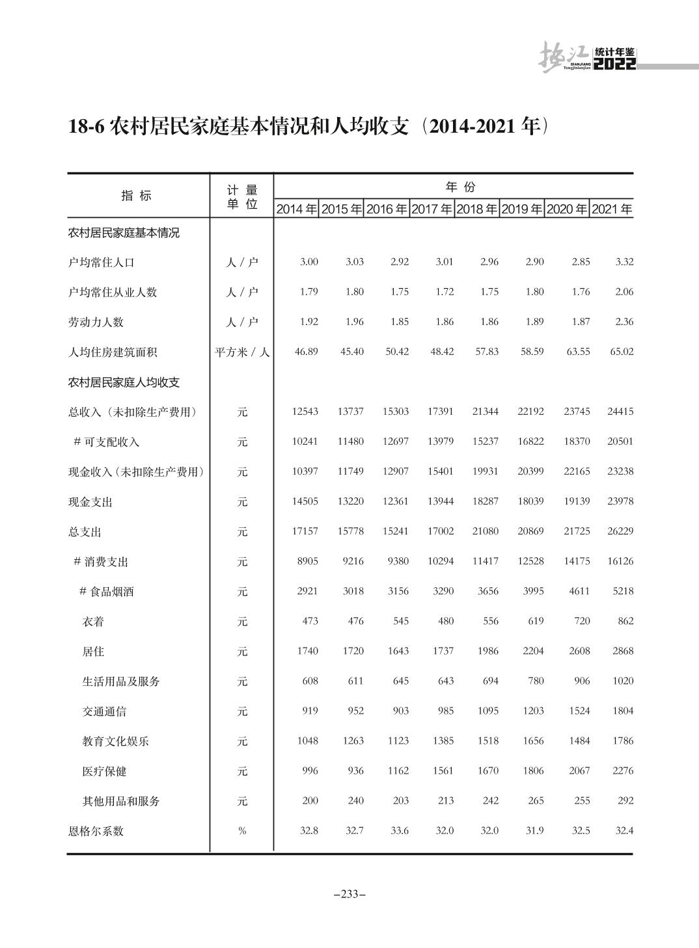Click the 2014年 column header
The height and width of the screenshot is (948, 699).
click(297, 209)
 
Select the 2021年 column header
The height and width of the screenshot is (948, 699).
click(612, 209)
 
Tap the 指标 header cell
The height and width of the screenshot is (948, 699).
click(137, 196)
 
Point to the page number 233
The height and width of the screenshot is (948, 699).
click(349, 894)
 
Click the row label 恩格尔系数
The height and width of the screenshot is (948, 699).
click(96, 831)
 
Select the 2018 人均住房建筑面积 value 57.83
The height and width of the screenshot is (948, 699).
click(487, 352)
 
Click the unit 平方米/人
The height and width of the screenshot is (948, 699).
click(242, 352)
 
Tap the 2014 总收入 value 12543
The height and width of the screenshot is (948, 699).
click(305, 412)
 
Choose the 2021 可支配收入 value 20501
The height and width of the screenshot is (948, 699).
click(620, 441)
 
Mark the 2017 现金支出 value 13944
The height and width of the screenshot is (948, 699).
click(441, 501)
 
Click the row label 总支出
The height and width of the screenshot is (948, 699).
click(85, 532)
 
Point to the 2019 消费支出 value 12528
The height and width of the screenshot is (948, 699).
click(530, 561)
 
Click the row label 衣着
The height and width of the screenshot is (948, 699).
click(93, 622)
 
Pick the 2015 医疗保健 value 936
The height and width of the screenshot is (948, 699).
click(355, 770)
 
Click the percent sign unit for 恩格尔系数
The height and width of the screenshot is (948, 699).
click(242, 831)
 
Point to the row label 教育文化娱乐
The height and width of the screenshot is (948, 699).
click(115, 741)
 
